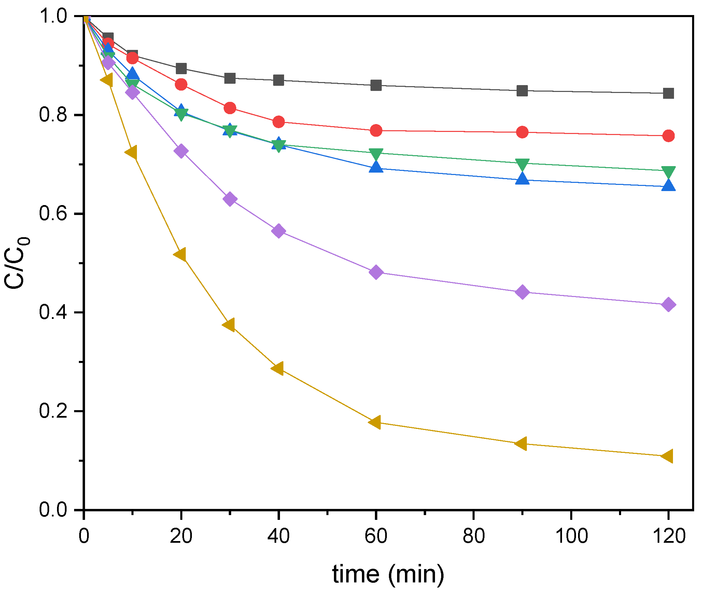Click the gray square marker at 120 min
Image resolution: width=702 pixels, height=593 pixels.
tap(668, 93)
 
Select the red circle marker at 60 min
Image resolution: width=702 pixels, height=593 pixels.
tap(376, 131)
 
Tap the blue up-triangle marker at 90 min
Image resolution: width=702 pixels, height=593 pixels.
tap(522, 179)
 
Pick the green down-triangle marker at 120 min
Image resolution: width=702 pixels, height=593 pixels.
tap(668, 171)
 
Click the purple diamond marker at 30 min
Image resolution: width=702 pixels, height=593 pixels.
tap(230, 199)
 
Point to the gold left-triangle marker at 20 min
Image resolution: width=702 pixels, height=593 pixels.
tap(180, 255)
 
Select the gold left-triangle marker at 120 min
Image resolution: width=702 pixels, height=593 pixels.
tap(667, 456)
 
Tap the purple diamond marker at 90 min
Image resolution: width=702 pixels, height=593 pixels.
tap(522, 292)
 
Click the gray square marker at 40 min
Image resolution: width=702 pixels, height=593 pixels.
tap(279, 80)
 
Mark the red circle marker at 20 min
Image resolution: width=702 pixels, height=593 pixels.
tap(181, 84)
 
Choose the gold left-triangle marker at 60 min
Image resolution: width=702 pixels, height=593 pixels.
tap(375, 422)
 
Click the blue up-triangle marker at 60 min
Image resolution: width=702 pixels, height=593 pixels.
tap(376, 167)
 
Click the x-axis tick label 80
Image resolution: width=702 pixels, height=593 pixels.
tap(474, 536)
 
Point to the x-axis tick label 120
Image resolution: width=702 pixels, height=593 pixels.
tap(669, 536)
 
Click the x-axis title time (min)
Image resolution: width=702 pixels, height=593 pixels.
tap(388, 574)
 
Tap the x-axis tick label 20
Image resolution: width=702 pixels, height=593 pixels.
tap(181, 536)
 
